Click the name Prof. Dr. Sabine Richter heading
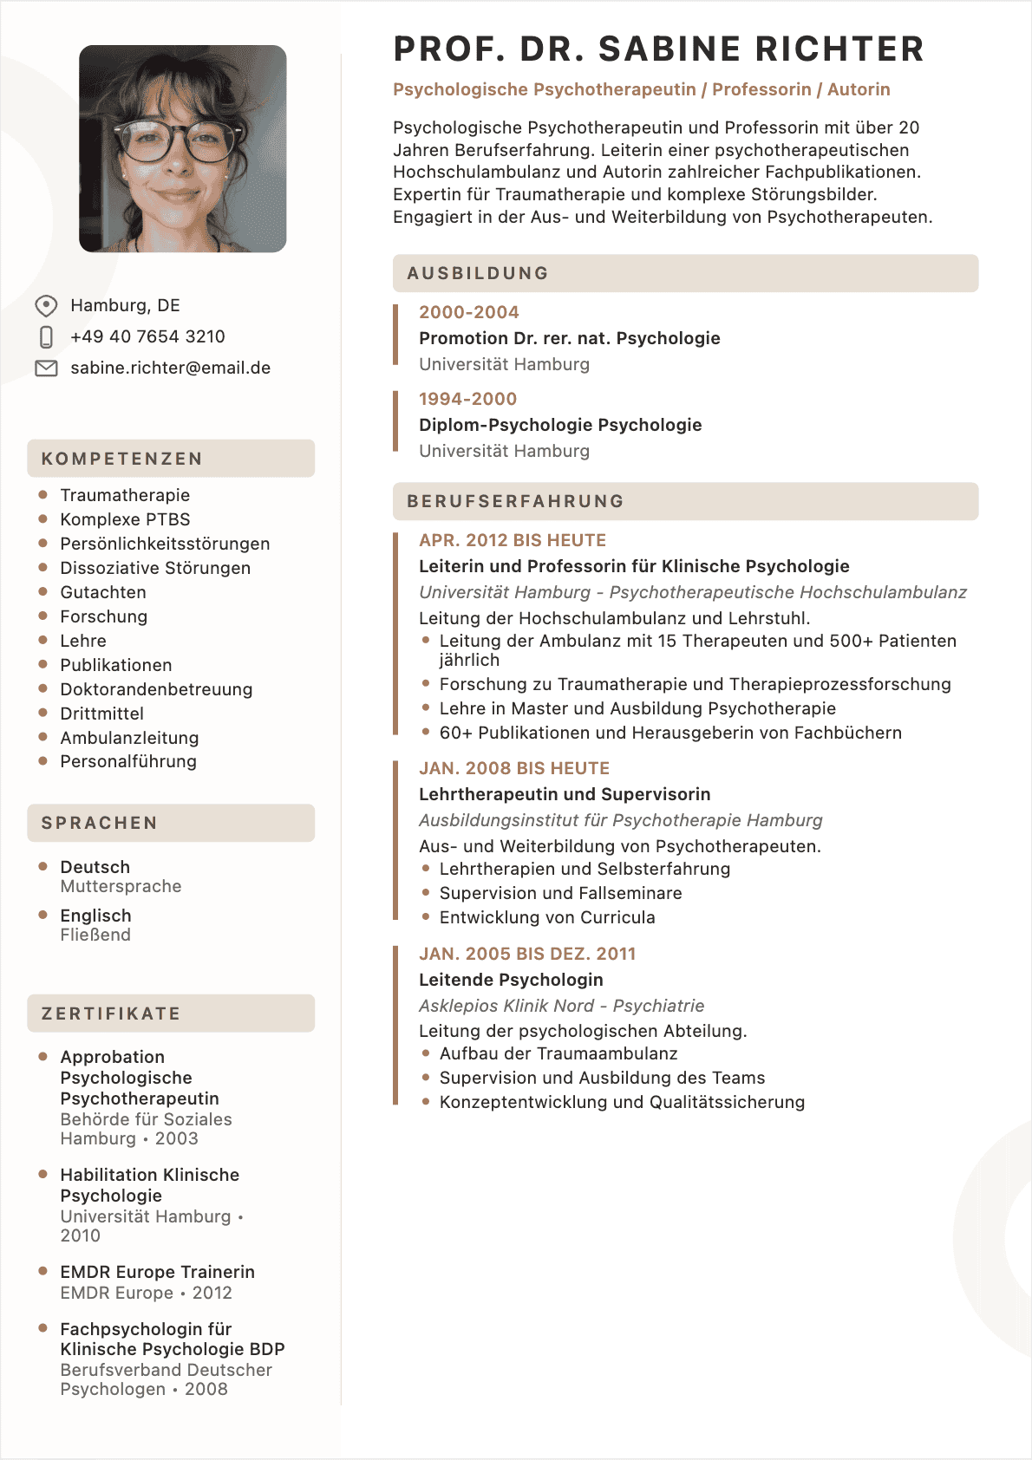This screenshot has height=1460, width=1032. (x=658, y=49)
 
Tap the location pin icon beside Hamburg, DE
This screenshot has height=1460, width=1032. (x=46, y=306)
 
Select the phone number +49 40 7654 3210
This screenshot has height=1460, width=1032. (x=147, y=336)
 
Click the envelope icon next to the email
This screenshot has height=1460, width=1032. (x=46, y=368)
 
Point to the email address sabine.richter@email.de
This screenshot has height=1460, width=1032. (x=170, y=368)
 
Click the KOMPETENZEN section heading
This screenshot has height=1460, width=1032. (x=122, y=459)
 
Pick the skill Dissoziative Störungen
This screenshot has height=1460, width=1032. (x=155, y=568)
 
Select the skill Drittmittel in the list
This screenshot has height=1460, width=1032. (x=101, y=714)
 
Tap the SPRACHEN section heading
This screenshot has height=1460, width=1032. (x=100, y=823)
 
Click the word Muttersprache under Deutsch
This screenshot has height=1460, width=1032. (x=121, y=886)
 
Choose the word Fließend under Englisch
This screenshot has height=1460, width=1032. (x=95, y=935)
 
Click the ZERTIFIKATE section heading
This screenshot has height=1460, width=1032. (x=111, y=1014)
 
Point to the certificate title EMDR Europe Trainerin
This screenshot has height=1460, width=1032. (x=157, y=1272)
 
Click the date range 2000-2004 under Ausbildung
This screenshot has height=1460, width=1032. (x=468, y=312)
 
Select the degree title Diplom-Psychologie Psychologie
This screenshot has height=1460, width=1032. (x=560, y=425)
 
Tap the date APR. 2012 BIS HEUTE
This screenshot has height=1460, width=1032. (x=513, y=540)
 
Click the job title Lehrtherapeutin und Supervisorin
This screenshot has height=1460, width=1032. (x=565, y=794)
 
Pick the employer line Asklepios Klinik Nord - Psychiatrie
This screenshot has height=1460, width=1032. (x=561, y=1006)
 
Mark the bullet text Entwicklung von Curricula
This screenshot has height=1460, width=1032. (x=547, y=917)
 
